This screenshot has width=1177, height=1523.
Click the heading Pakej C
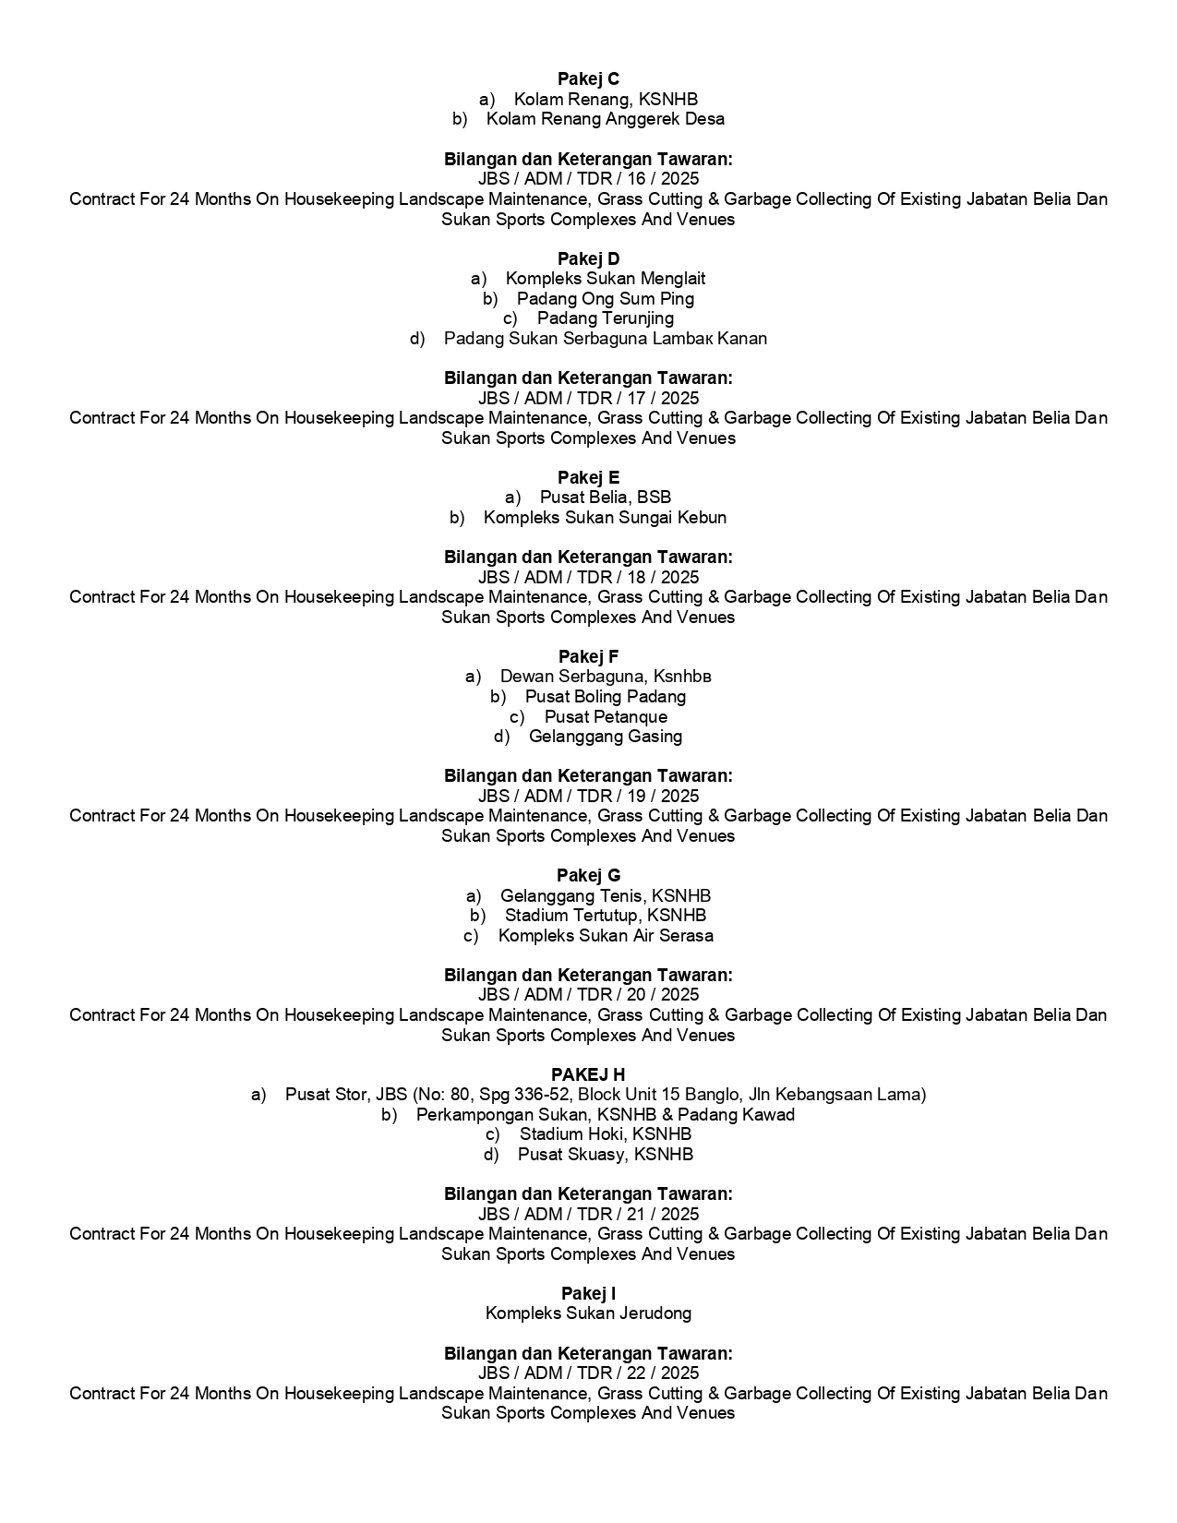(x=588, y=79)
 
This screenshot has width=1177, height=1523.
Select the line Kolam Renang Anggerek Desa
(x=605, y=119)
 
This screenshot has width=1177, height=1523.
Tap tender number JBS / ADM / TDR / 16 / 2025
(x=588, y=179)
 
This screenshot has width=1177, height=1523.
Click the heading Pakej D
(x=588, y=258)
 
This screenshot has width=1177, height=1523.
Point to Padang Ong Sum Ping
(x=605, y=299)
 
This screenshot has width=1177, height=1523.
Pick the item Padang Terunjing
(x=605, y=318)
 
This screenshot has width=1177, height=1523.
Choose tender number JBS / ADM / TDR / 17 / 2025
(x=588, y=399)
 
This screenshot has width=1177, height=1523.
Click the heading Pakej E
(x=588, y=477)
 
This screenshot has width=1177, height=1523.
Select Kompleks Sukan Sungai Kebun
(x=605, y=518)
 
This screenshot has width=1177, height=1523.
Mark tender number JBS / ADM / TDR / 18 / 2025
(x=588, y=578)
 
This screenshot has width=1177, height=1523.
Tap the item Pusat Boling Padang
(x=605, y=697)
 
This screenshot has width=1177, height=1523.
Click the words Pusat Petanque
(x=605, y=717)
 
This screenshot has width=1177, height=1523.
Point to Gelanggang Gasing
(x=605, y=737)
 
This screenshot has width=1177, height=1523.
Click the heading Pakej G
(x=588, y=875)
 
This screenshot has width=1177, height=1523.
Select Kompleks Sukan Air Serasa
(x=605, y=936)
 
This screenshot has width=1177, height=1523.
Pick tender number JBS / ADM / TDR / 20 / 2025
(x=588, y=995)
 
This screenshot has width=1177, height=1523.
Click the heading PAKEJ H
(x=588, y=1074)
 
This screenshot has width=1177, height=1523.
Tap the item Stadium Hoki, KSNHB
(x=605, y=1134)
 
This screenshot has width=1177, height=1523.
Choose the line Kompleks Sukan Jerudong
(x=588, y=1313)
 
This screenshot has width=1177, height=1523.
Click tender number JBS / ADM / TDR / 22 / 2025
(x=588, y=1373)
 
